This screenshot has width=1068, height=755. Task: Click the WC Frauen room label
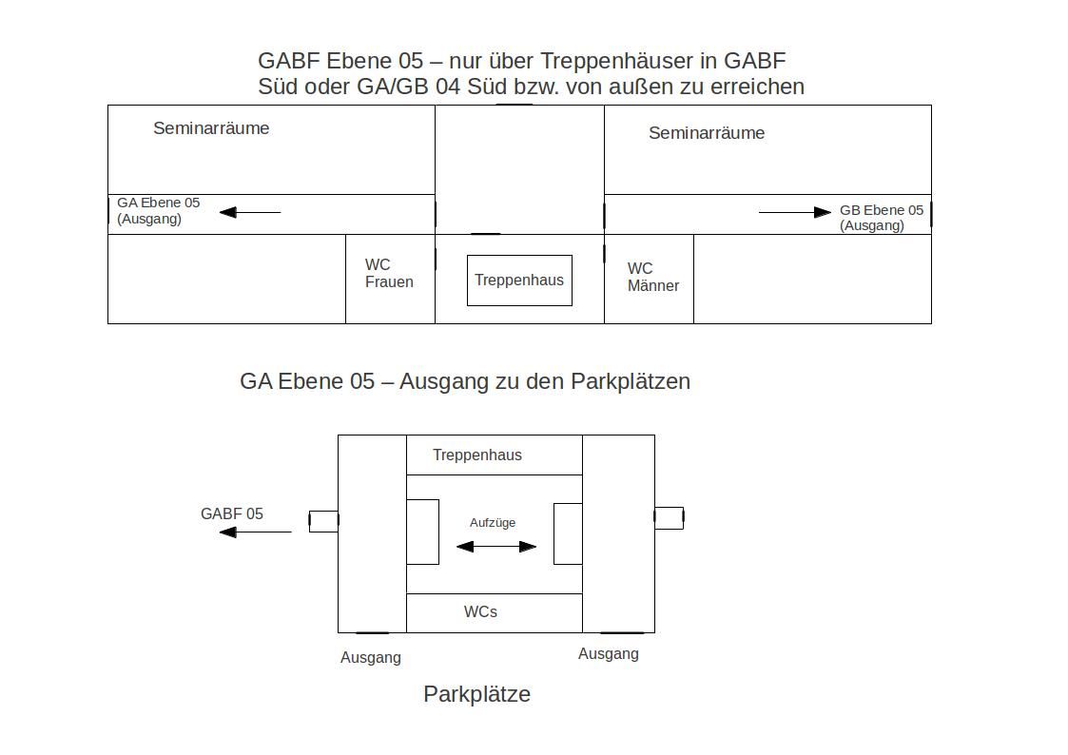[x=389, y=273]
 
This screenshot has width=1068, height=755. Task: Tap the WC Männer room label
[x=653, y=277]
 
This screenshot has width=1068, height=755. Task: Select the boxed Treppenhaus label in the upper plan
[x=519, y=280]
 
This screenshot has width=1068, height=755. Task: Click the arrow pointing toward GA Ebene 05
[x=250, y=212]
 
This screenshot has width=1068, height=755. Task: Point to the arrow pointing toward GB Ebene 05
[x=795, y=212]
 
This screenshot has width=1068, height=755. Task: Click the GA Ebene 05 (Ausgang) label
[x=159, y=210]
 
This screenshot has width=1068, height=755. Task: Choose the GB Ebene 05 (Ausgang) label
[x=882, y=218]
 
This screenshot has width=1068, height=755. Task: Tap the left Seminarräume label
[x=211, y=128]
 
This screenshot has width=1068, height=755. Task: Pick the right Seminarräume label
[x=707, y=133]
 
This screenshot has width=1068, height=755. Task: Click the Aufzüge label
[x=493, y=523]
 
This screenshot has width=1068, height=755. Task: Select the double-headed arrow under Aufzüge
[x=495, y=546]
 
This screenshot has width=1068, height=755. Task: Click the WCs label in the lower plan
[x=480, y=612]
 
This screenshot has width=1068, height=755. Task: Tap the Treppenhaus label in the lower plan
[x=476, y=455]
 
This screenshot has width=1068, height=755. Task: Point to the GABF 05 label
[x=232, y=514]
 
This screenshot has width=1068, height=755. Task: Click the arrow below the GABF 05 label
[x=256, y=532]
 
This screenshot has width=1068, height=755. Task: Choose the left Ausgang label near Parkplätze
[x=371, y=658]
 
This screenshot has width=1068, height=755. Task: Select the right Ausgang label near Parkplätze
[x=609, y=653]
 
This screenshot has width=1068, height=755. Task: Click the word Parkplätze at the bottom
[x=476, y=694]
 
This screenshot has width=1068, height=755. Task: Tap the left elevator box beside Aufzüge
[x=422, y=532]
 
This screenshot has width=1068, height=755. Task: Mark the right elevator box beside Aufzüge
[x=568, y=533]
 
